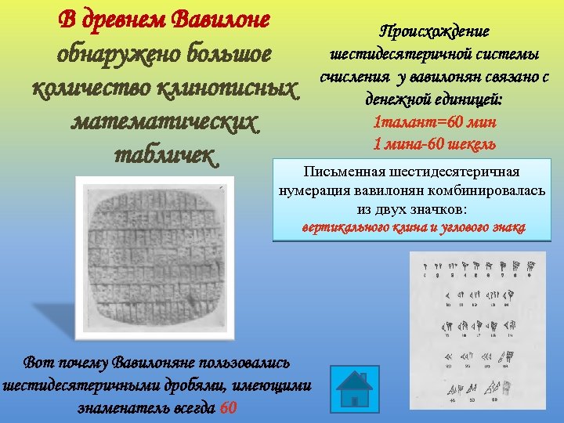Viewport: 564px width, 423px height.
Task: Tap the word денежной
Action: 400,99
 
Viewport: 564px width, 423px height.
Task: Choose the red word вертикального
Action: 345,228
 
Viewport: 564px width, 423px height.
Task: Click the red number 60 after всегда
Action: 228,408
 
